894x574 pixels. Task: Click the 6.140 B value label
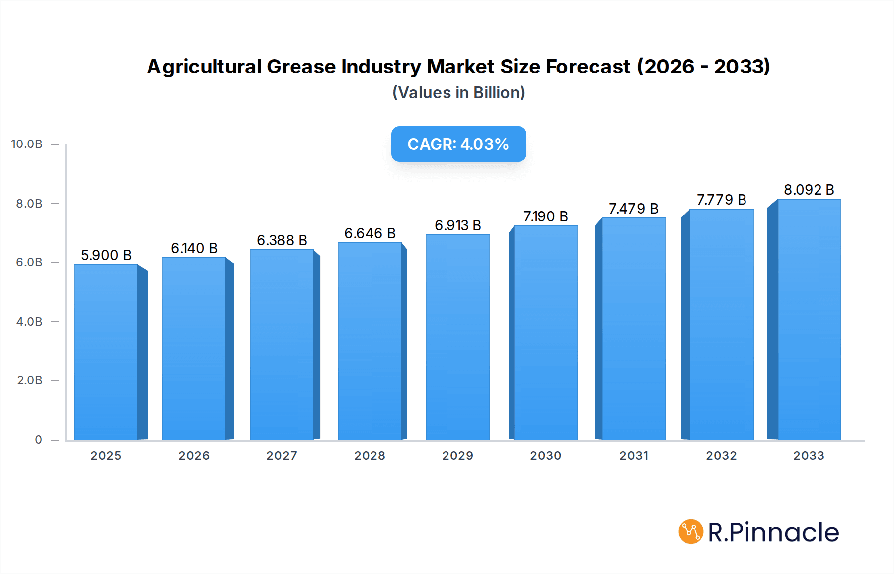pyautogui.click(x=194, y=248)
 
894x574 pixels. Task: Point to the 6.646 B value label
pyautogui.click(x=370, y=233)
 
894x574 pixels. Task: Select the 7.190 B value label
pyautogui.click(x=545, y=216)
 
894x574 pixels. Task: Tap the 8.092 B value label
pyautogui.click(x=809, y=190)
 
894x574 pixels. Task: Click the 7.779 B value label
pyautogui.click(x=721, y=200)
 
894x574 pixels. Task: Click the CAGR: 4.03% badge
pyautogui.click(x=458, y=144)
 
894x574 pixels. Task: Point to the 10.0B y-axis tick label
pyautogui.click(x=27, y=144)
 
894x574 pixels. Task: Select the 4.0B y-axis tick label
pyautogui.click(x=29, y=322)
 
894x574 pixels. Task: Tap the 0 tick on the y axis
pyautogui.click(x=38, y=440)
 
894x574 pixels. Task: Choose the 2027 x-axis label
pyautogui.click(x=282, y=456)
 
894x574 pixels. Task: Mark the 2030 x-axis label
pyautogui.click(x=545, y=456)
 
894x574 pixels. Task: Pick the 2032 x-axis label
pyautogui.click(x=721, y=456)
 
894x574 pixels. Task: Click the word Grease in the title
pyautogui.click(x=301, y=67)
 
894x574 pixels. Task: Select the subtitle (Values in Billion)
pyautogui.click(x=458, y=93)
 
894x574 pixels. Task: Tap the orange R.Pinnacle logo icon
pyautogui.click(x=690, y=532)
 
